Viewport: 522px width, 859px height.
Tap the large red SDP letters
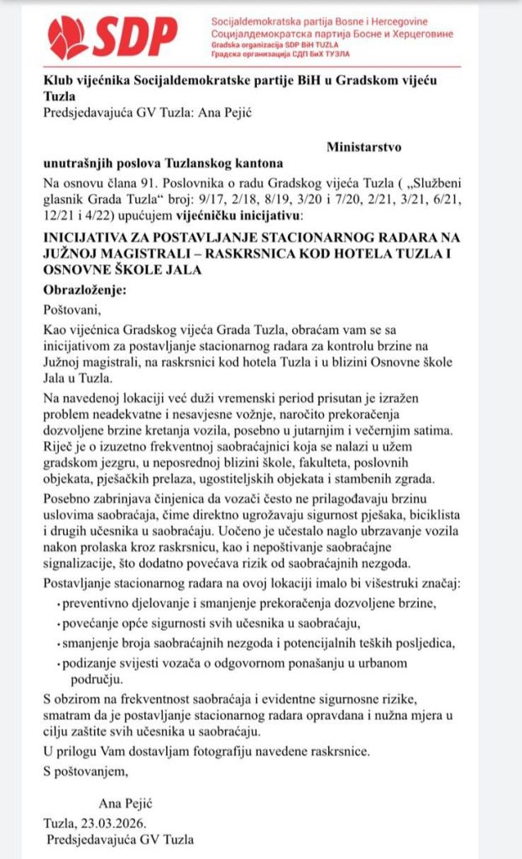[x=135, y=35]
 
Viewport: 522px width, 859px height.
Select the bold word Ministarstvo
[x=363, y=147]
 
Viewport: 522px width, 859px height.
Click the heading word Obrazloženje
[x=84, y=289]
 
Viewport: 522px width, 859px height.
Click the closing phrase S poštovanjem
[x=86, y=770]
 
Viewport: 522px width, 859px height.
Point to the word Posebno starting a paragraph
[x=68, y=498]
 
